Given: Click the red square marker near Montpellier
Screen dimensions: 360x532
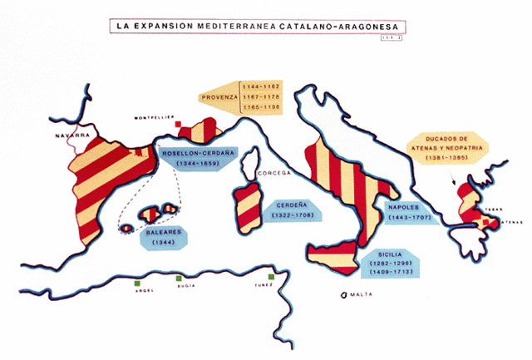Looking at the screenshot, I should (x=179, y=126).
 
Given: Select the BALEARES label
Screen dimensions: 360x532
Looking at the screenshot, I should (x=159, y=233).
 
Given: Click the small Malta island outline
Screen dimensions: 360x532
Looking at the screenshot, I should (x=341, y=295).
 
